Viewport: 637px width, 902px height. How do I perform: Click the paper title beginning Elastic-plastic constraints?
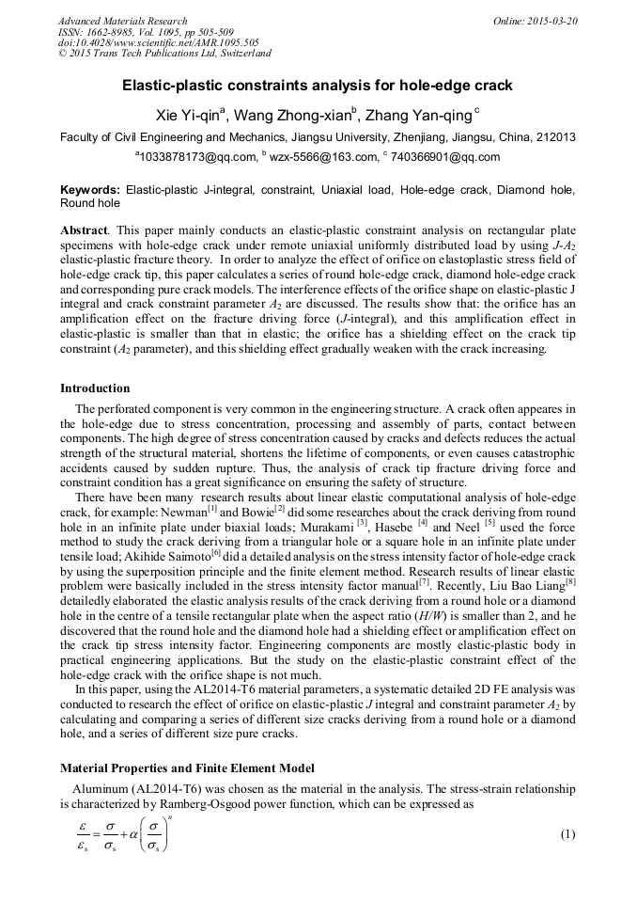(318, 86)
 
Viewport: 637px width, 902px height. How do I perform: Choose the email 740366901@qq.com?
(445, 157)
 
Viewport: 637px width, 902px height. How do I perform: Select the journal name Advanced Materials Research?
(122, 21)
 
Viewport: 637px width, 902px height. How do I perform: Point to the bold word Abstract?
(83, 229)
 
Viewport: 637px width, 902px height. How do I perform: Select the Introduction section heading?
(95, 388)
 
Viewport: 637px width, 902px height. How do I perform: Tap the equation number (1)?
(567, 835)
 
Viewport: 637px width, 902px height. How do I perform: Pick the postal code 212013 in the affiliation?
(553, 137)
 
